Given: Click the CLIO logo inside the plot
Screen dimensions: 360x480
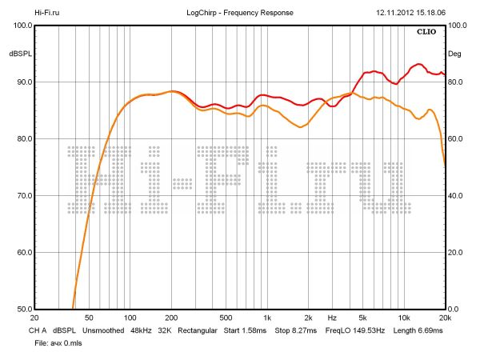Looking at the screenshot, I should point(426,32).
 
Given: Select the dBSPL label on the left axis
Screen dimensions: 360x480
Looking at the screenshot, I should point(18,54).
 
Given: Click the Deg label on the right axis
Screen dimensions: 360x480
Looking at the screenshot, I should point(455,54).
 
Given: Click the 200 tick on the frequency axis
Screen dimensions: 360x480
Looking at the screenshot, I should point(170,318).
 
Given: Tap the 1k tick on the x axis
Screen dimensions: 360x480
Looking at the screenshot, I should point(266,318).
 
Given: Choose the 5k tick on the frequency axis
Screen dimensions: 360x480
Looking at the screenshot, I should point(362,318).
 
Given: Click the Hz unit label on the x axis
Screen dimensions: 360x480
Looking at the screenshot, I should point(332,318).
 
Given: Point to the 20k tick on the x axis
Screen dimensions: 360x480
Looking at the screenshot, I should point(445,318).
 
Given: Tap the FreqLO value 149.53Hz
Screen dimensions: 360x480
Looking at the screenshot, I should point(367,330).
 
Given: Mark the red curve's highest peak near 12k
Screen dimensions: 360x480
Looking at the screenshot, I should point(418,64).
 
